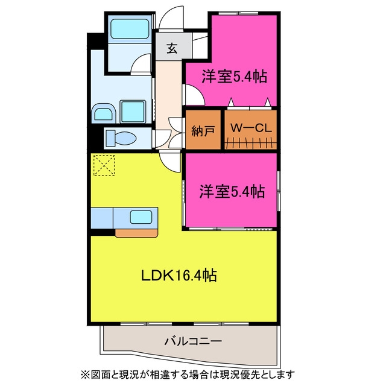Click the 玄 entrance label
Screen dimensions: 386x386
(172, 48)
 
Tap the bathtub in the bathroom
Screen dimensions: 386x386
(130, 29)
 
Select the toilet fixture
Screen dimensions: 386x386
(121, 138)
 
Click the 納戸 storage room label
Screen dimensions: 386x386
(203, 131)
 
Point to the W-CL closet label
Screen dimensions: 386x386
(251, 127)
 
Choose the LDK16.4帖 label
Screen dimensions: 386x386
(179, 276)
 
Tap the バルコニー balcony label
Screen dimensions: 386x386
(193, 341)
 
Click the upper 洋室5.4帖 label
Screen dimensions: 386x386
(235, 77)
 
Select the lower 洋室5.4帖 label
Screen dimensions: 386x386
(232, 192)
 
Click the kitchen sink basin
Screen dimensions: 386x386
(141, 217)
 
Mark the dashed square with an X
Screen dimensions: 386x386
(104, 165)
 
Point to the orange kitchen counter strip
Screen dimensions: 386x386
(136, 233)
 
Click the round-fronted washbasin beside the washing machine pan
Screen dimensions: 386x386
(104, 113)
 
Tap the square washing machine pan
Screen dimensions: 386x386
(133, 112)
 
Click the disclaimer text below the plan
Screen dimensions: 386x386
(188, 375)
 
